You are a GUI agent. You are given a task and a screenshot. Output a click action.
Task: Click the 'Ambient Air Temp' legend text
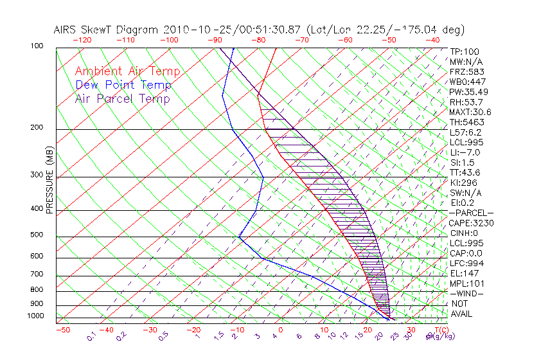click(x=127, y=71)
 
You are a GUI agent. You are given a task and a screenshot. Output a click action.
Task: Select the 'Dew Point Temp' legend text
click(x=123, y=85)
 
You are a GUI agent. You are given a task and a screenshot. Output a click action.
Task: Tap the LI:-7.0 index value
click(x=465, y=152)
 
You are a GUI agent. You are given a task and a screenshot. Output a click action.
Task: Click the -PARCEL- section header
click(x=471, y=213)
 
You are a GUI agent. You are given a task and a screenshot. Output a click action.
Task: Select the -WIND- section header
click(x=466, y=293)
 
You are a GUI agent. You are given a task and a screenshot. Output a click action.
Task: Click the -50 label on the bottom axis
click(x=62, y=330)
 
